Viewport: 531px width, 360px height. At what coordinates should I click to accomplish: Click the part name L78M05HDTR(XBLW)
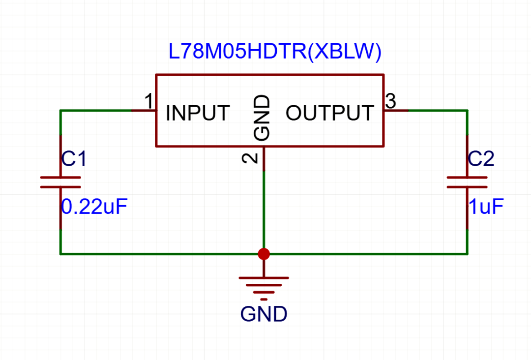click(x=275, y=53)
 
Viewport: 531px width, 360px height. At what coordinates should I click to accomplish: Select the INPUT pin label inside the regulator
click(x=198, y=114)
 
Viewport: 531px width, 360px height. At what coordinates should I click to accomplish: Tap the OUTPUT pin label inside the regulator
click(x=329, y=114)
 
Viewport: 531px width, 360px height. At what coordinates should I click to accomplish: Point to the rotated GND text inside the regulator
click(x=262, y=118)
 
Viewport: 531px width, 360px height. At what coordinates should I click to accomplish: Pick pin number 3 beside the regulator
click(x=390, y=101)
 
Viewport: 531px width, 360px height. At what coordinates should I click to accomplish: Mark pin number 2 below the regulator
click(x=250, y=158)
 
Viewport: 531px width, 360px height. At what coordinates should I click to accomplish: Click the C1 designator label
click(x=74, y=159)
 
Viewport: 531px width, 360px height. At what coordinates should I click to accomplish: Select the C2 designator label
click(x=481, y=159)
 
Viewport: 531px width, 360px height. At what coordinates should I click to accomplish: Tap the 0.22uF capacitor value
click(x=94, y=207)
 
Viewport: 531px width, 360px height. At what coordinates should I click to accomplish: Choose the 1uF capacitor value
click(x=486, y=207)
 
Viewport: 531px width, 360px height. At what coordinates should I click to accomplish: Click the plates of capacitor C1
click(x=60, y=182)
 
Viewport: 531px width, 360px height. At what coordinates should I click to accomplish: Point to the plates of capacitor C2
click(x=467, y=182)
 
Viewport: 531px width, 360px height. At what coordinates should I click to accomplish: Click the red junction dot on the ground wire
click(x=264, y=254)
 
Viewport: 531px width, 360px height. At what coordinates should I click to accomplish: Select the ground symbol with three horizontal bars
click(x=264, y=285)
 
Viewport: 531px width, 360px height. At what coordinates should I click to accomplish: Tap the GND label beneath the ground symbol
click(x=264, y=314)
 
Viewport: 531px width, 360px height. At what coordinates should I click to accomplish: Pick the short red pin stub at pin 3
click(x=396, y=111)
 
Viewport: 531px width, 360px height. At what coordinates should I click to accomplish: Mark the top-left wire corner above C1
click(x=60, y=111)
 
